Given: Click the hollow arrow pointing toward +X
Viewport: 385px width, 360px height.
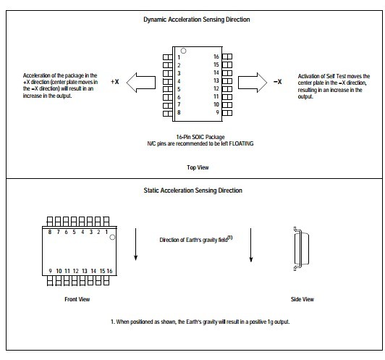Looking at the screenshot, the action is [141, 83].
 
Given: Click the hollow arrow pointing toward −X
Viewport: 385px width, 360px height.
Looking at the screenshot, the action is [253, 83].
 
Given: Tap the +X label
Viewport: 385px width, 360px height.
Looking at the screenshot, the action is [114, 82].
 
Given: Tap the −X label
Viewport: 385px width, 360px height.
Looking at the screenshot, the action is [277, 82].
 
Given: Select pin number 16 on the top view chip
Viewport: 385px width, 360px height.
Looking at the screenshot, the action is [216, 56].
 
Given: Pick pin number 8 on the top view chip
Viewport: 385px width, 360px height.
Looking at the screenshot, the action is [179, 112].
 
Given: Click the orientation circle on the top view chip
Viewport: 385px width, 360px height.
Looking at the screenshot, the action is [183, 51].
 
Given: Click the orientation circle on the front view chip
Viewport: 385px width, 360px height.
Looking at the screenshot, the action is [112, 237].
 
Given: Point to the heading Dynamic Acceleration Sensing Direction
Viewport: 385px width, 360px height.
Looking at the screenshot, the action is [197, 20].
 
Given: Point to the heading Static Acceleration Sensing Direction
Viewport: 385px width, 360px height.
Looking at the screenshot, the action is [193, 191].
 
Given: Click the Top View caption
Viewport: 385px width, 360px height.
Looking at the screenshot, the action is [198, 167].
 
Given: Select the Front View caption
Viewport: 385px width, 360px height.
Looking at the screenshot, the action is [77, 299].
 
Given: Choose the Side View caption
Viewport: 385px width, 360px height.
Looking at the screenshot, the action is [302, 299].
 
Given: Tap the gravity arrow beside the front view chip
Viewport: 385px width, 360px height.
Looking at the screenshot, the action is [135, 244].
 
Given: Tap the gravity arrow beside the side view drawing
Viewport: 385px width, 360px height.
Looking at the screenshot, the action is [250, 245].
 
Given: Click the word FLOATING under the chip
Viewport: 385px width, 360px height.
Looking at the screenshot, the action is [241, 143].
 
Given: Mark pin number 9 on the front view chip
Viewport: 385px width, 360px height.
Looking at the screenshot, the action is [50, 271].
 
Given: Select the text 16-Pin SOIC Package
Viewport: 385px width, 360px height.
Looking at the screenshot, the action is [200, 137].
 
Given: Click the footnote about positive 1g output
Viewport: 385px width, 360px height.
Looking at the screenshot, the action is [200, 322].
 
